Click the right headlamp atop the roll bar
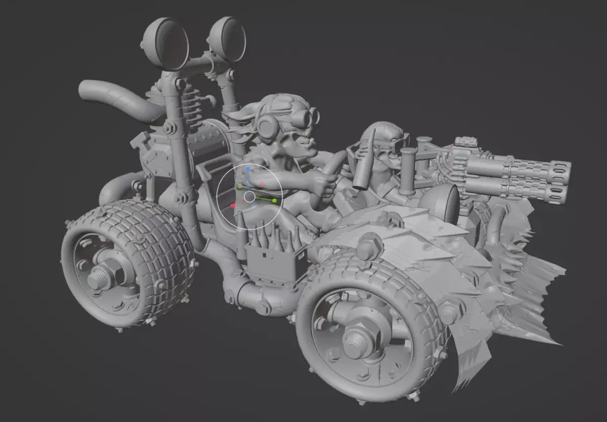227,39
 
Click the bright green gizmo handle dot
274,201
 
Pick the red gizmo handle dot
232,206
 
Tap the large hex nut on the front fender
369,246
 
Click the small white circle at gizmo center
249,196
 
